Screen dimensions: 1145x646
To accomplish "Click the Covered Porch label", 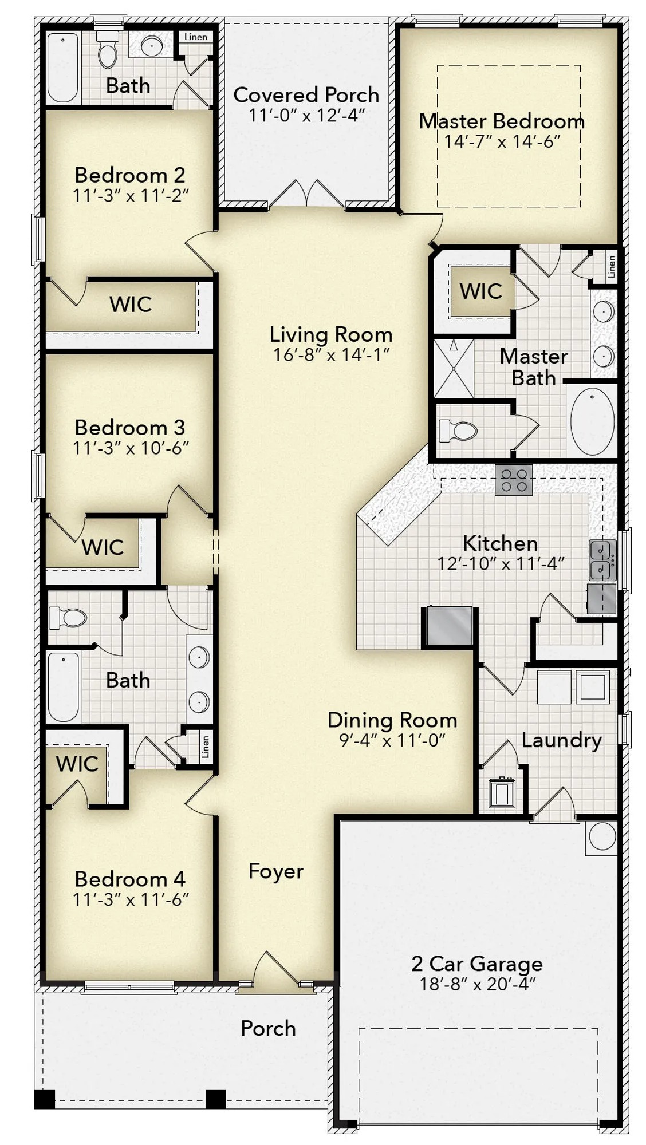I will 306,94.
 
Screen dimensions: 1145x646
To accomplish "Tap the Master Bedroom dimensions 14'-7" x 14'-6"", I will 502,141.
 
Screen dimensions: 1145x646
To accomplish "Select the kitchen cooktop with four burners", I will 513,480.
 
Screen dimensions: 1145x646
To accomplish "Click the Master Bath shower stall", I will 454,369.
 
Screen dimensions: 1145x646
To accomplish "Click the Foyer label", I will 275,871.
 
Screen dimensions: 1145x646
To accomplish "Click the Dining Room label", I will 392,720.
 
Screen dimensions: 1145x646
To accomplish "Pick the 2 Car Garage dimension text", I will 477,984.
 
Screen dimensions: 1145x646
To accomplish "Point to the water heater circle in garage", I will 602,836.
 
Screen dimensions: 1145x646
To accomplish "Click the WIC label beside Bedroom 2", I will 131,304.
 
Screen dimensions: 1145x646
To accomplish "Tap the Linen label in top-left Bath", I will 196,37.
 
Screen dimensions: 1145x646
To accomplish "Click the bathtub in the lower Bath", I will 63,687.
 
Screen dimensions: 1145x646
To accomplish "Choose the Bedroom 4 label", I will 130,879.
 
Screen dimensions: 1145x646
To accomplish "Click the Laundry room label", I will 561,740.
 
